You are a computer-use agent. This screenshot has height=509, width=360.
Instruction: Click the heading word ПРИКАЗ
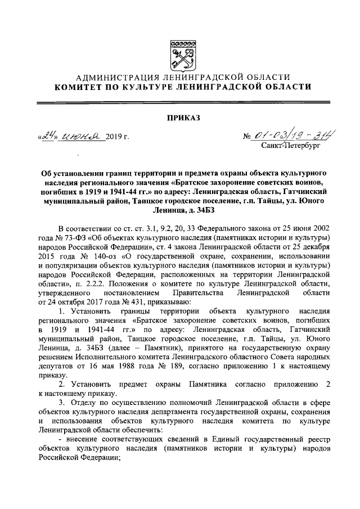click(179, 117)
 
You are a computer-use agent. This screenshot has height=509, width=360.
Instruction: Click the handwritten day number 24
click(45, 134)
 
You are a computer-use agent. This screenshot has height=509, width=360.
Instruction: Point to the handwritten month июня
click(80, 135)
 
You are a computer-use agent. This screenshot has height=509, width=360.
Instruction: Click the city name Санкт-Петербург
click(290, 145)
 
